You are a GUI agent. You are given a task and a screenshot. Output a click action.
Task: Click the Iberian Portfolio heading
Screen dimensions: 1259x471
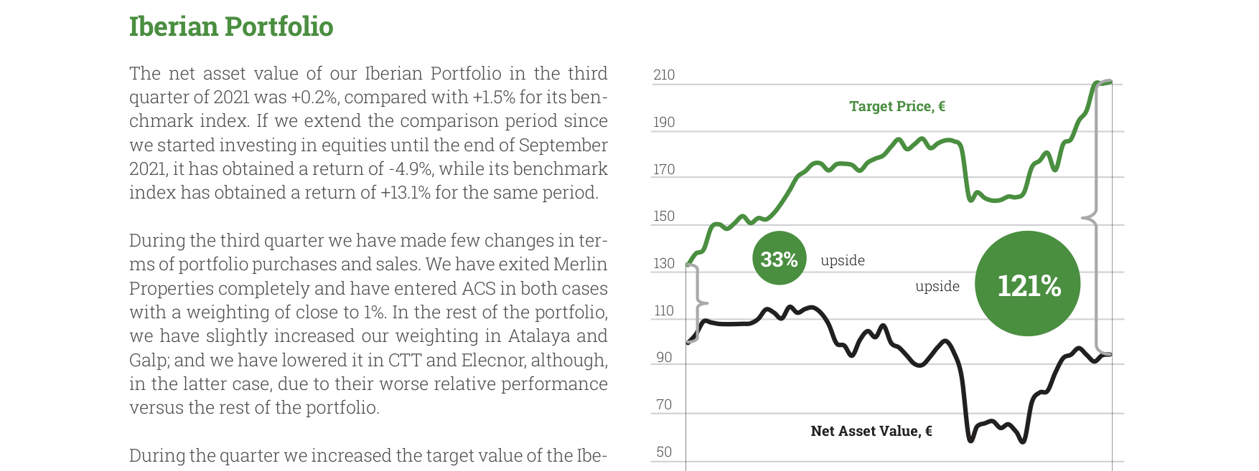(x=231, y=27)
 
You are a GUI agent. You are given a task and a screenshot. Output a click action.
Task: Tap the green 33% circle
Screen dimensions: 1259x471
(x=780, y=258)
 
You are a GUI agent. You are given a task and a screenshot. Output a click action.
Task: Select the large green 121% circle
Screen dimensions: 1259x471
(x=1028, y=283)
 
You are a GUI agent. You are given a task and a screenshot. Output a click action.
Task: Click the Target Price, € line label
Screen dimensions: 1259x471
(x=897, y=106)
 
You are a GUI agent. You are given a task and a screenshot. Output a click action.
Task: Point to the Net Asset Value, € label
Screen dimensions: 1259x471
(x=871, y=431)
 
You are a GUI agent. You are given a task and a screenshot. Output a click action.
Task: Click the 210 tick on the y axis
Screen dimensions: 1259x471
(x=664, y=75)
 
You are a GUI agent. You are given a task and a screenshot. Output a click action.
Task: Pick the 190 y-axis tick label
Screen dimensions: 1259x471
(x=664, y=122)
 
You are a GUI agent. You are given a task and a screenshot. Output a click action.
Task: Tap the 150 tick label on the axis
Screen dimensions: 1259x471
(x=664, y=216)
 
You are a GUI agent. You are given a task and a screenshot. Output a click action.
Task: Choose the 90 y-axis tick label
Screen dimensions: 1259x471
(x=664, y=357)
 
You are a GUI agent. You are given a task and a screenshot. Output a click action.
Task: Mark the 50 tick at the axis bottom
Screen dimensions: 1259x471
(x=664, y=452)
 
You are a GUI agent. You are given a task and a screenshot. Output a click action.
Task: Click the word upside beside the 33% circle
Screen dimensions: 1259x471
(x=843, y=261)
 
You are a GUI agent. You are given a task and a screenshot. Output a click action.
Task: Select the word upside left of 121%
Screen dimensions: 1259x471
(x=937, y=287)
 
